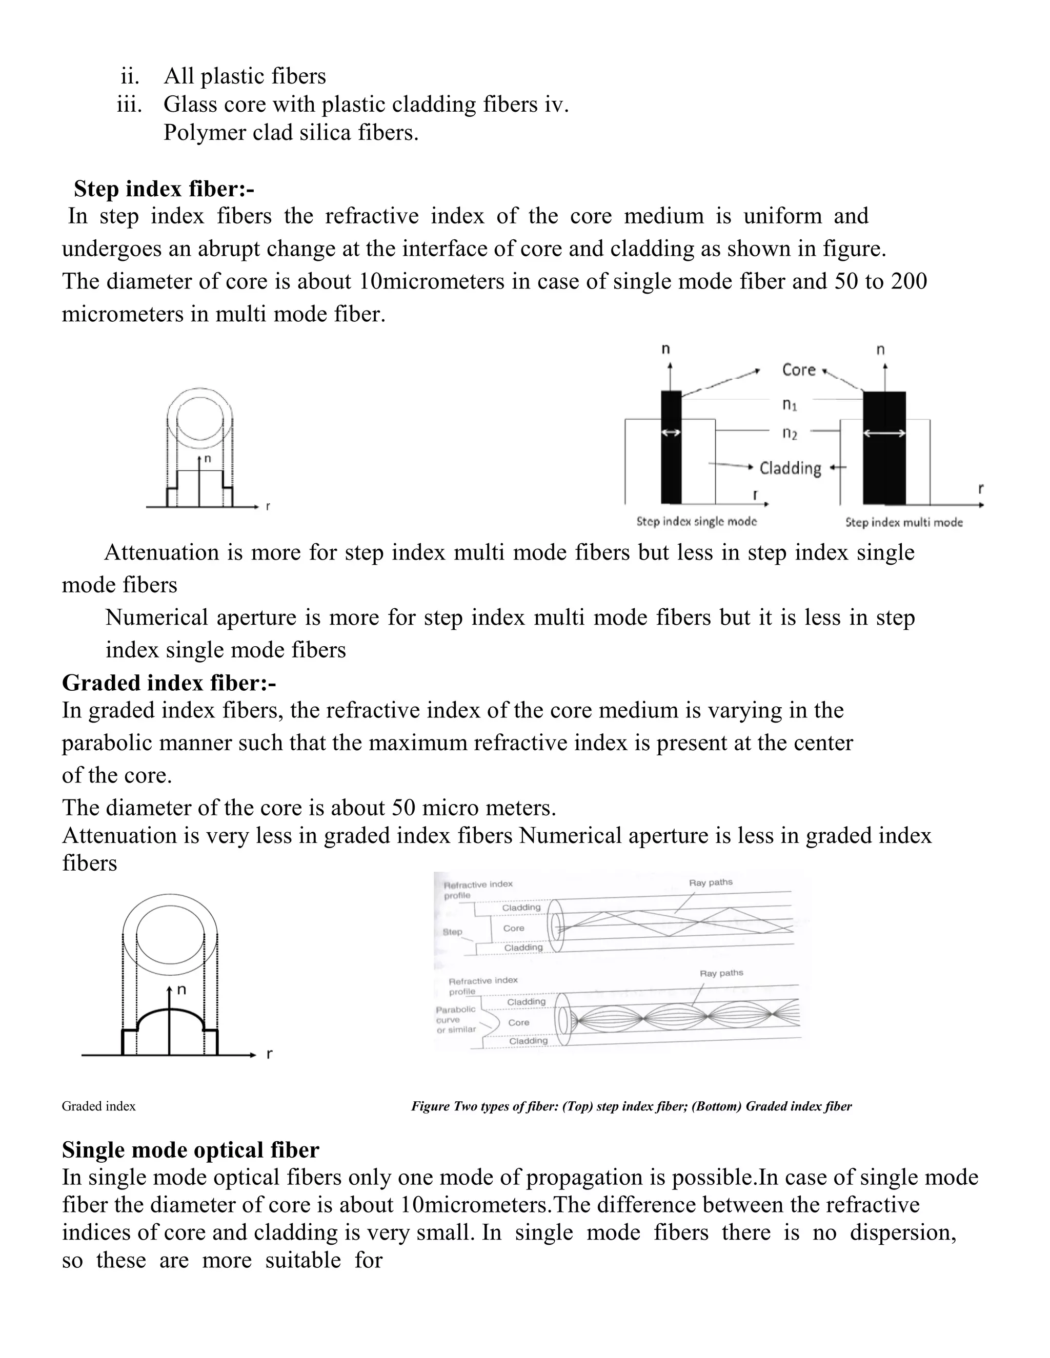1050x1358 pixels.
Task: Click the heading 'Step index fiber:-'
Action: point(164,189)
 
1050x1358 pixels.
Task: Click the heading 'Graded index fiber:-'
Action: point(169,683)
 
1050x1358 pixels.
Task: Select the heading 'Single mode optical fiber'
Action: point(190,1150)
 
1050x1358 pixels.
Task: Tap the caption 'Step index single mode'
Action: point(696,521)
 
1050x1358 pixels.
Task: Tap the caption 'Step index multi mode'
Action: point(903,522)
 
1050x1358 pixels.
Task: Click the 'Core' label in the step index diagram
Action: point(798,370)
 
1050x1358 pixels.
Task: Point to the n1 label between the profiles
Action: point(790,405)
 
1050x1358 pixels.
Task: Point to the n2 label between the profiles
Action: point(790,434)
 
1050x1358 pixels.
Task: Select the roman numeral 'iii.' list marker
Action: point(129,105)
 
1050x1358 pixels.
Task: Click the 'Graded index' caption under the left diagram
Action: point(98,1106)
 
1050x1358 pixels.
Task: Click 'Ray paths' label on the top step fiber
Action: point(711,882)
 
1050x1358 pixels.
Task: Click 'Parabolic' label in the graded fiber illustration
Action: point(455,1009)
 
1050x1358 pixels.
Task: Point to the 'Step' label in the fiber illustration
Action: point(452,932)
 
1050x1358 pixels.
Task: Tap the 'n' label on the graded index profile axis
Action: point(181,989)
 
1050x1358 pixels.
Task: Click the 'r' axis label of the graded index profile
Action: point(269,1054)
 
